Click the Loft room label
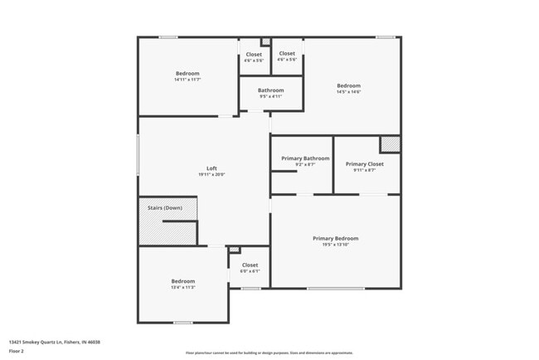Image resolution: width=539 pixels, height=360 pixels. [211, 168]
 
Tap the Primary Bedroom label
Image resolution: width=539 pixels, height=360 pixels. [335, 239]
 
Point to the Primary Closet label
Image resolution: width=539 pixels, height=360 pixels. [364, 164]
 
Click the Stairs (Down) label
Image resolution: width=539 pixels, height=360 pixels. [165, 207]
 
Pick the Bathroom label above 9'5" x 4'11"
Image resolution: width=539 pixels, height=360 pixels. [270, 90]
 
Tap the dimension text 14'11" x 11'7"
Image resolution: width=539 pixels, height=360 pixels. [187, 80]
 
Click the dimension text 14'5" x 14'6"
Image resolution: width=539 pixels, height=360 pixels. [348, 92]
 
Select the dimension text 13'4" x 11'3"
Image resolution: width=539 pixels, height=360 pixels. [183, 287]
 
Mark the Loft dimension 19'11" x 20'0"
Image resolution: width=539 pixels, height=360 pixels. [211, 175]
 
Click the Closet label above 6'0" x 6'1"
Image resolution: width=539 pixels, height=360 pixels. [250, 265]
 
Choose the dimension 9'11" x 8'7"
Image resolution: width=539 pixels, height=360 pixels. [364, 171]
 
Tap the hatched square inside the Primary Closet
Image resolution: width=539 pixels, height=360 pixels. [390, 144]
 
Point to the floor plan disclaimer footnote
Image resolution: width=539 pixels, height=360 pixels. [269, 353]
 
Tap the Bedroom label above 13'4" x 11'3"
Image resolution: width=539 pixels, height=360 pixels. [183, 280]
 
